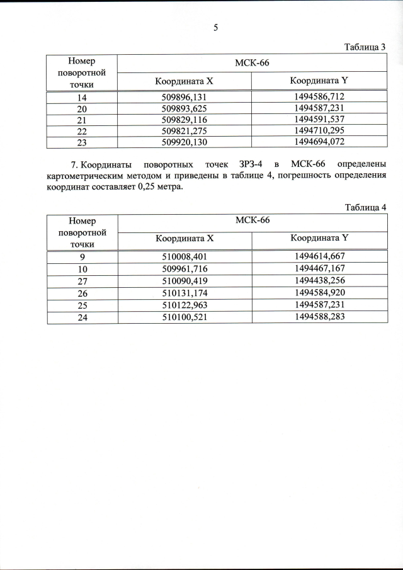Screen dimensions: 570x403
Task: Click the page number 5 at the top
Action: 215,28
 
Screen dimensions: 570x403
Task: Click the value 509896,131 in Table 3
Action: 184,97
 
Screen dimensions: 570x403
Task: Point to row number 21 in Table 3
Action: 82,120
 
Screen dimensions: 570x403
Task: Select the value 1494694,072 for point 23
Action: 319,142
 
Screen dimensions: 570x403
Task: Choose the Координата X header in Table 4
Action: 184,239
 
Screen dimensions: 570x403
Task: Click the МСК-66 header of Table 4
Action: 252,220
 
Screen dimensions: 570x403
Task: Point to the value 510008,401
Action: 184,256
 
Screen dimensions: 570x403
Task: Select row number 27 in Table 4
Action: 82,279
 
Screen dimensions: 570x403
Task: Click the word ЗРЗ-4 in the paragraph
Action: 252,166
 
